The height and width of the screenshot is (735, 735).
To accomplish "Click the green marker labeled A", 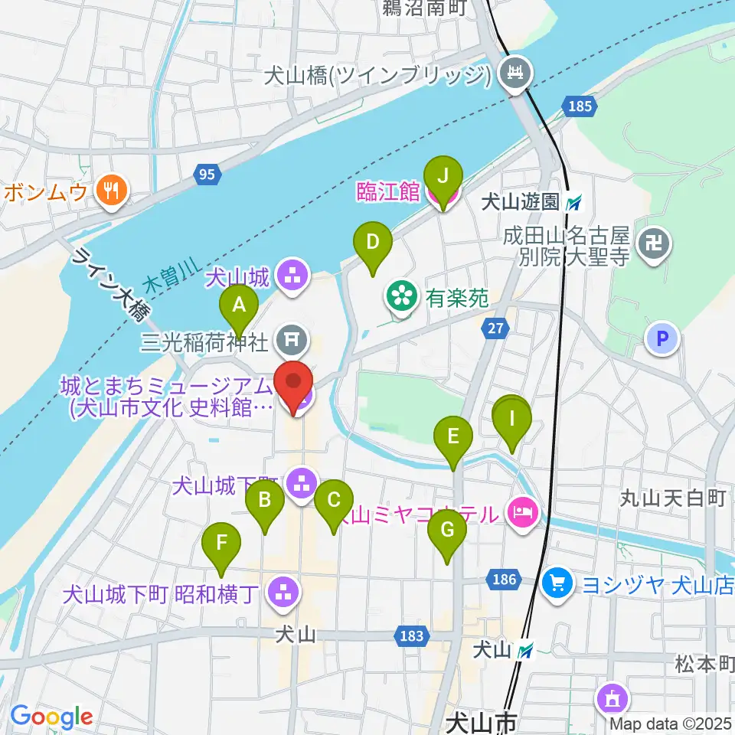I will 239,306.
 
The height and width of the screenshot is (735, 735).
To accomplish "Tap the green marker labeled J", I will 443,175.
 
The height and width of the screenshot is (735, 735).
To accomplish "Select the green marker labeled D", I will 372,243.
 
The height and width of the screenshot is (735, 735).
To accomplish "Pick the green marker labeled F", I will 221,544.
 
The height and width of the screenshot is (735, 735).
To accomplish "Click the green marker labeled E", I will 453,438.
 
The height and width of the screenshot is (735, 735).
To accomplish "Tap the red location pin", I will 295,382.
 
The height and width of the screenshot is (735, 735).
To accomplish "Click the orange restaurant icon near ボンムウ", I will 113,191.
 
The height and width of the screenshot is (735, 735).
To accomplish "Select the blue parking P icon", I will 661,338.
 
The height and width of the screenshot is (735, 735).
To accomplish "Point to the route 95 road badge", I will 205,175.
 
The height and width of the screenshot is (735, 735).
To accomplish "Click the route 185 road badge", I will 580,106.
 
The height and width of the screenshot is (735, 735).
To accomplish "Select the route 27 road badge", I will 495,328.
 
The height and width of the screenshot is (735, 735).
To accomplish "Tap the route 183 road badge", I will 410,635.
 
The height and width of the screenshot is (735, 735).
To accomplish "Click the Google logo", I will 51,717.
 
